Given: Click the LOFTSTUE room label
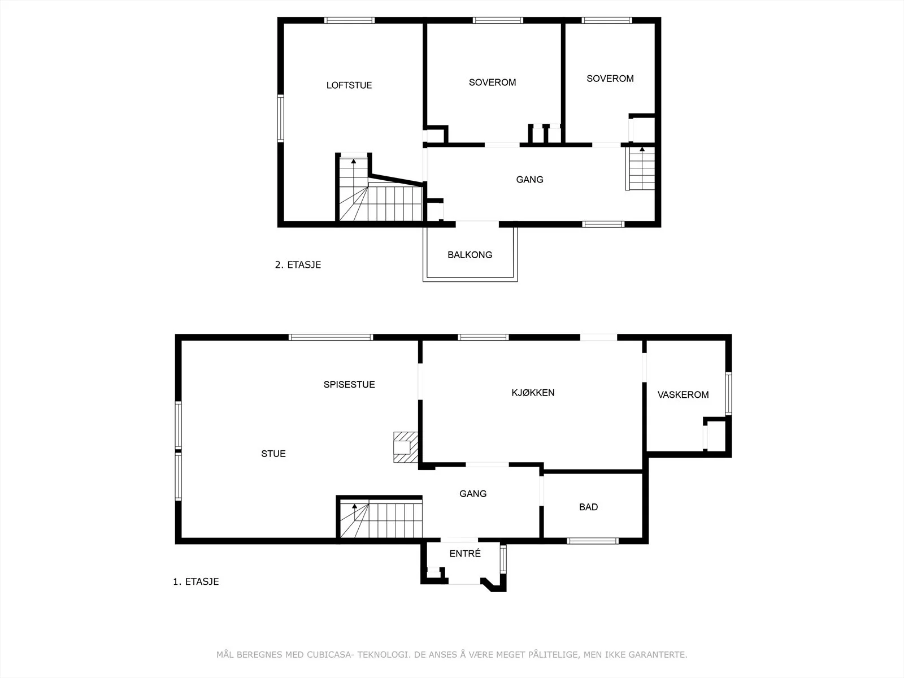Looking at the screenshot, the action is point(349,85).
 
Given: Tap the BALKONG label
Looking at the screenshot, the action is point(470,255).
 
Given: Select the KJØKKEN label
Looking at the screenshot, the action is point(533,393).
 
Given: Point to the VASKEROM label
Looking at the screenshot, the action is point(683,395).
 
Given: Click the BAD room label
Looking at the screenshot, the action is point(589,507).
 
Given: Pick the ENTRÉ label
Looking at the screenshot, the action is point(465,554).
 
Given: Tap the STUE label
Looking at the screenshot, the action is point(273,454).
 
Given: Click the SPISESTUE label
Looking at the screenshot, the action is point(349,385).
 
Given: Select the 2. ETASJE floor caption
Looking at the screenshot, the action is point(298,264).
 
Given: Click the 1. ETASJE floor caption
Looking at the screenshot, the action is point(195,582).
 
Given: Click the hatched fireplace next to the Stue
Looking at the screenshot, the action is point(406,447).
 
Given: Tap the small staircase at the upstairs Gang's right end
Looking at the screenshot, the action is point(640,168).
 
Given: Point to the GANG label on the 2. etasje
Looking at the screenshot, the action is point(529,180).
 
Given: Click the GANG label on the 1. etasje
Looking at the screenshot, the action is point(473,494).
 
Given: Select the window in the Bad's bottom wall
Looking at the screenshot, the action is point(593,541).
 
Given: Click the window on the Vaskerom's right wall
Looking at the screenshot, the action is point(728,393).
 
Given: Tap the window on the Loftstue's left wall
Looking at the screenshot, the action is point(280,118).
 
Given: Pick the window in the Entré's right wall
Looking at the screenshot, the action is point(503,559).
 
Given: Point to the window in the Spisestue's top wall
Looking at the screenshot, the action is point(331,337).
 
